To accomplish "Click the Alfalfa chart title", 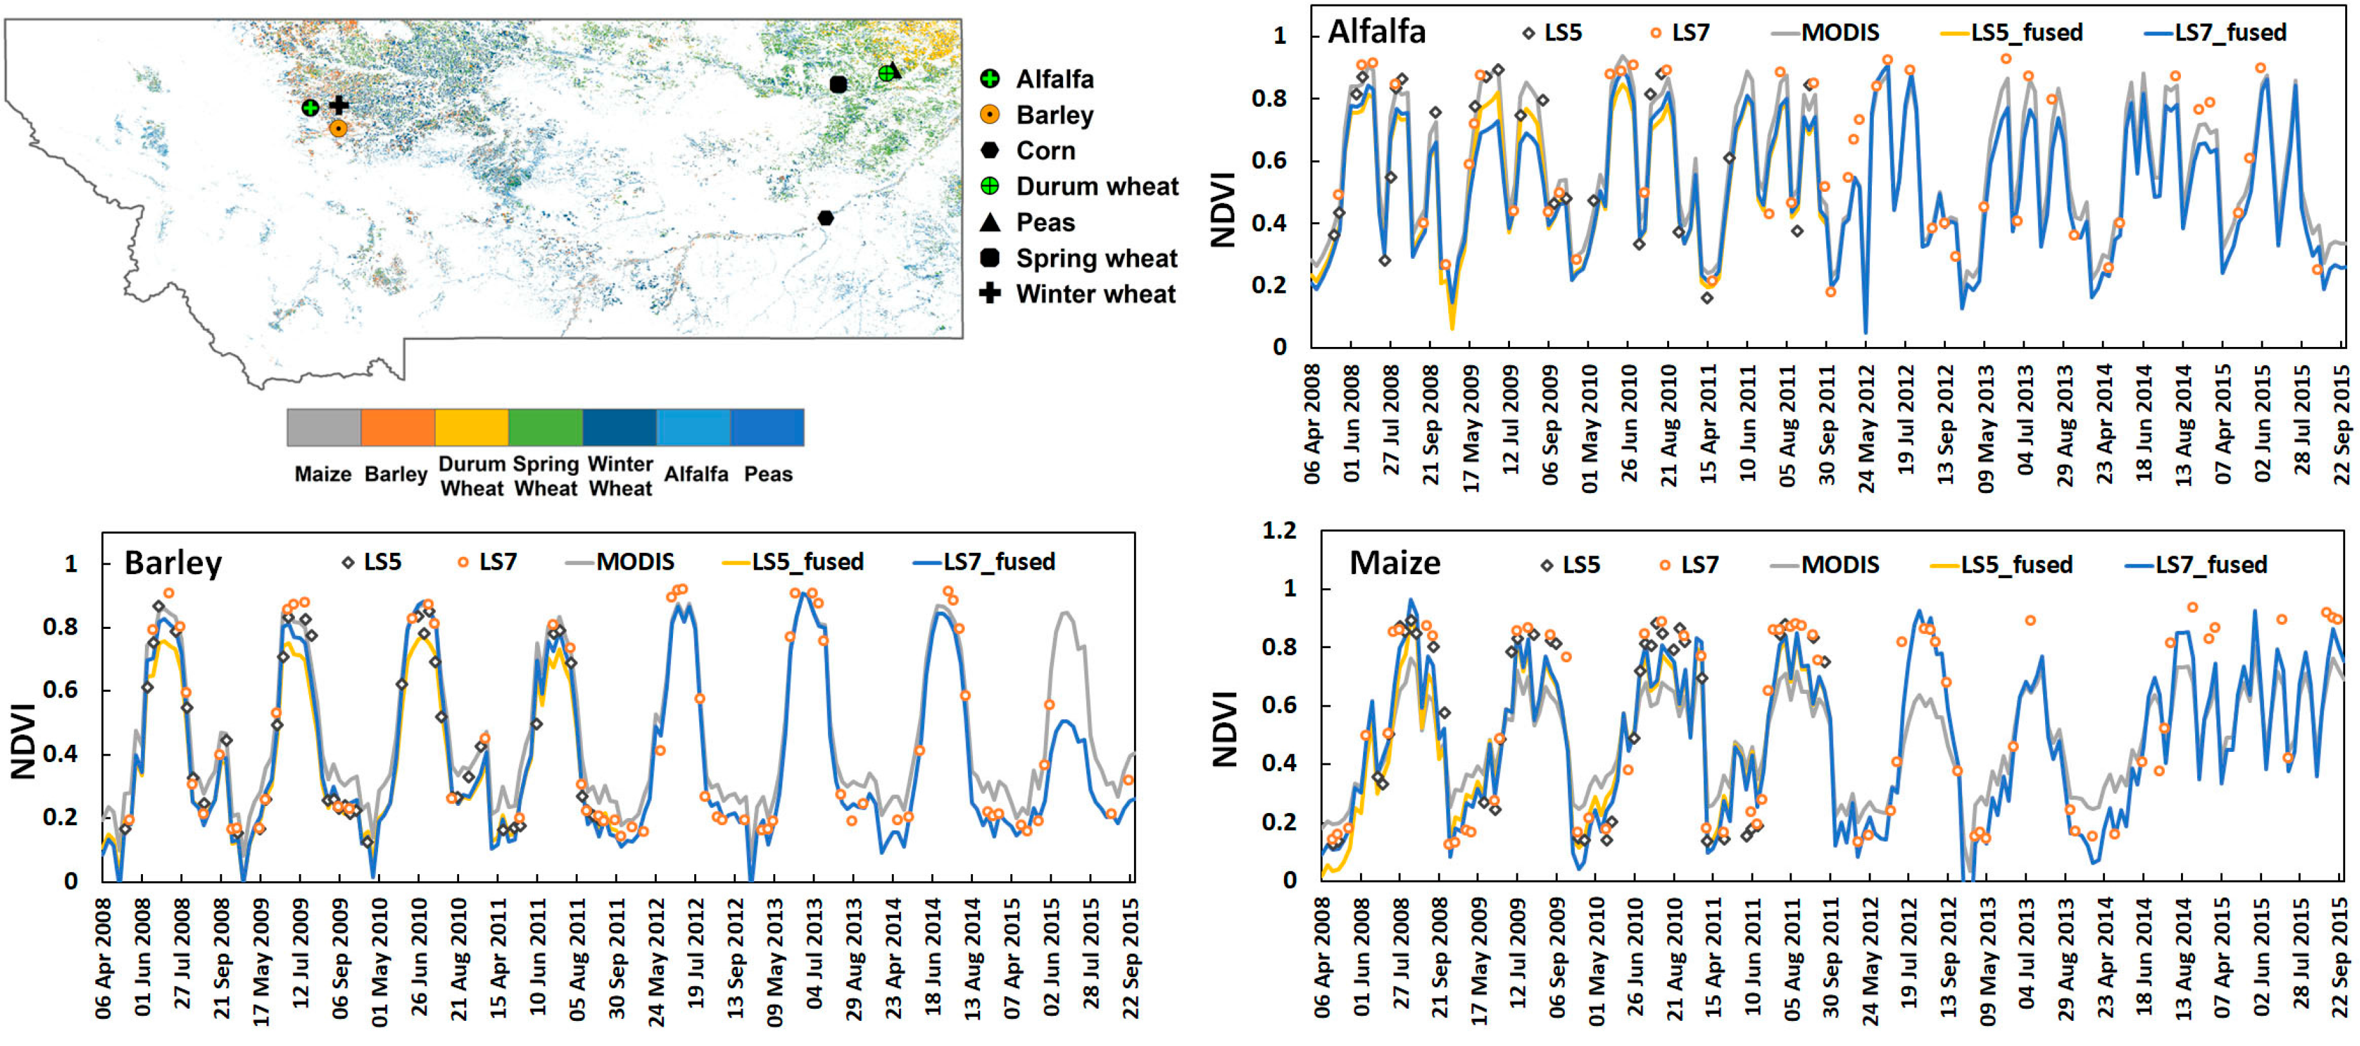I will coord(1376,32).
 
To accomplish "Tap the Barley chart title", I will coord(173,563).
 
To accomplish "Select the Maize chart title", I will coord(1394,563).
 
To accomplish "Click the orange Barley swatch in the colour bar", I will coord(397,428).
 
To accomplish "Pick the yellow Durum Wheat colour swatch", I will coord(472,428).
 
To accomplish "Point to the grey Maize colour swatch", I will coord(323,428).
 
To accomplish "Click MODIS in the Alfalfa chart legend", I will coord(1840,33).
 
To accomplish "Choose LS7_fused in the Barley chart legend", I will coord(999,561).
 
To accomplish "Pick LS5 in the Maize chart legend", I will coord(1580,565).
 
